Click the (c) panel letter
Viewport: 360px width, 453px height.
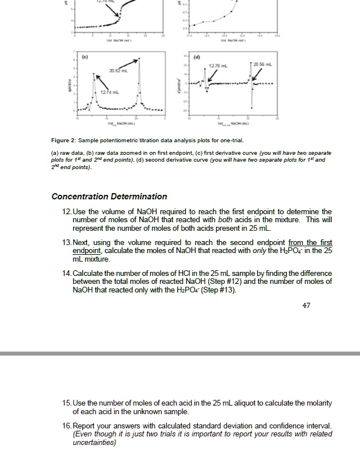pyautogui.click(x=84, y=57)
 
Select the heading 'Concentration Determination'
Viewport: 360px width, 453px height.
pyautogui.click(x=109, y=197)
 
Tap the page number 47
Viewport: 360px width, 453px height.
pyautogui.click(x=306, y=306)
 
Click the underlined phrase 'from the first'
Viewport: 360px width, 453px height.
pyautogui.click(x=310, y=243)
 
